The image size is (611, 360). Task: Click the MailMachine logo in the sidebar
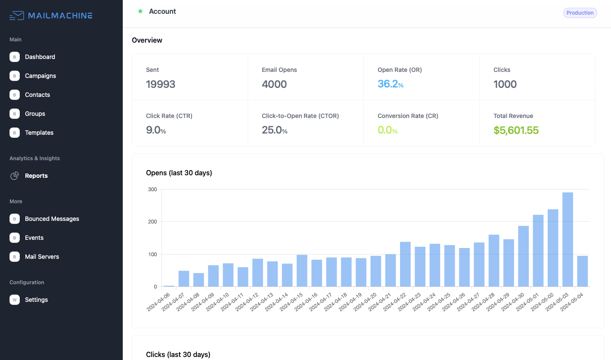[x=51, y=16]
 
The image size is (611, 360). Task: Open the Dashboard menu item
[x=40, y=57]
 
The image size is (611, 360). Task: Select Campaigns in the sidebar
[x=40, y=76]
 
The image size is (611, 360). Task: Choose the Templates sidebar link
[x=39, y=133]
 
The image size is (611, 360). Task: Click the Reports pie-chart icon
[x=15, y=176]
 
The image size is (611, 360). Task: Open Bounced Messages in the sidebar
[x=52, y=219]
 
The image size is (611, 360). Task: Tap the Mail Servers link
[x=42, y=257]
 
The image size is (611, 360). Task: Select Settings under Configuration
[x=36, y=300]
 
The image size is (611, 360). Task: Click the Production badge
[x=580, y=13]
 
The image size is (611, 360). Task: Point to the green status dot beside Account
[x=140, y=11]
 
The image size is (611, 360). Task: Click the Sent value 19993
[x=161, y=84]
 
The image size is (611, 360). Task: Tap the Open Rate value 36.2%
[x=390, y=84]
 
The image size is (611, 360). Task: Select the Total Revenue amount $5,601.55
[x=516, y=130]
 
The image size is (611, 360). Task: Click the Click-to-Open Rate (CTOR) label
[x=300, y=116]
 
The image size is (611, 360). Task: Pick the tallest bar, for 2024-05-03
[x=568, y=239]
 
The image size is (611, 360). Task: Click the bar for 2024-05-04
[x=582, y=271]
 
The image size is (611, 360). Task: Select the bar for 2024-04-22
[x=405, y=264]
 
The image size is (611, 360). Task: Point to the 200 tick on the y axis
[x=152, y=222]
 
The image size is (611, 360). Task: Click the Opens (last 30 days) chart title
[x=179, y=173]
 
